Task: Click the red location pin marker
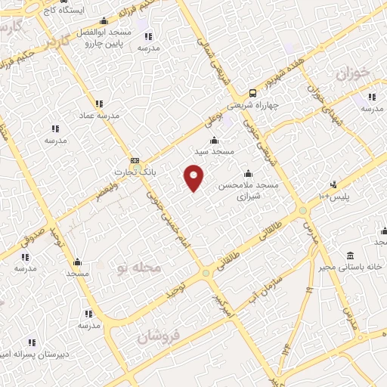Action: coord(194,177)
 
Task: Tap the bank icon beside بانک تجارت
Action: coord(135,160)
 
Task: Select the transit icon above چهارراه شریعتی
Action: coord(252,94)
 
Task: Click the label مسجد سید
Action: coord(215,151)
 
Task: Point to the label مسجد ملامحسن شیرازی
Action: coord(249,190)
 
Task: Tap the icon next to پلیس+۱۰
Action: coord(333,184)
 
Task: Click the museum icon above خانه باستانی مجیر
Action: coord(349,255)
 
